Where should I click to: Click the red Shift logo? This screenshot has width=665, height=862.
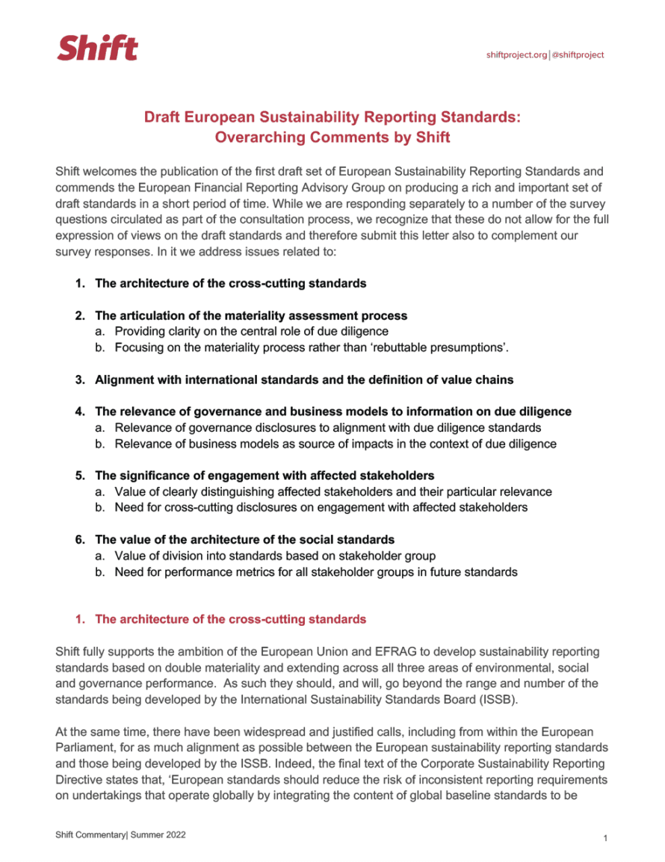[x=98, y=49]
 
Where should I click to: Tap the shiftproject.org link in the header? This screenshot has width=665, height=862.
[x=516, y=55]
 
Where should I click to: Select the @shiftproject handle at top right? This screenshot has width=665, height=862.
[x=578, y=55]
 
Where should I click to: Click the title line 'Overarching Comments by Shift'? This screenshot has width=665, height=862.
[x=332, y=137]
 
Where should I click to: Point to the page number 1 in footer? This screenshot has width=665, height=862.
[x=605, y=839]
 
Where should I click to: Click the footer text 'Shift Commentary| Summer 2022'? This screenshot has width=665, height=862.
[x=120, y=834]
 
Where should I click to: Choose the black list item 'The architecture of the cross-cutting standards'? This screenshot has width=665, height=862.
[x=230, y=284]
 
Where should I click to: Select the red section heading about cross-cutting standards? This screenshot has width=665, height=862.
[x=230, y=619]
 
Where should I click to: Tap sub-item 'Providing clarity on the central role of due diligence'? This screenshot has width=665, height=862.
[x=251, y=331]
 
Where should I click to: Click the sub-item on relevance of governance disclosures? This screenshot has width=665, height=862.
[x=327, y=428]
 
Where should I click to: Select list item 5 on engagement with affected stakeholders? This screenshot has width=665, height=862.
[x=264, y=476]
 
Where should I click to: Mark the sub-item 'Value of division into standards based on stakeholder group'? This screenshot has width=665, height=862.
[x=274, y=556]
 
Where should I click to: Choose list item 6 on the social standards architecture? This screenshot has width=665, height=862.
[x=244, y=539]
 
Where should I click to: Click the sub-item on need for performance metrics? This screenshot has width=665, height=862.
[x=315, y=572]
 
